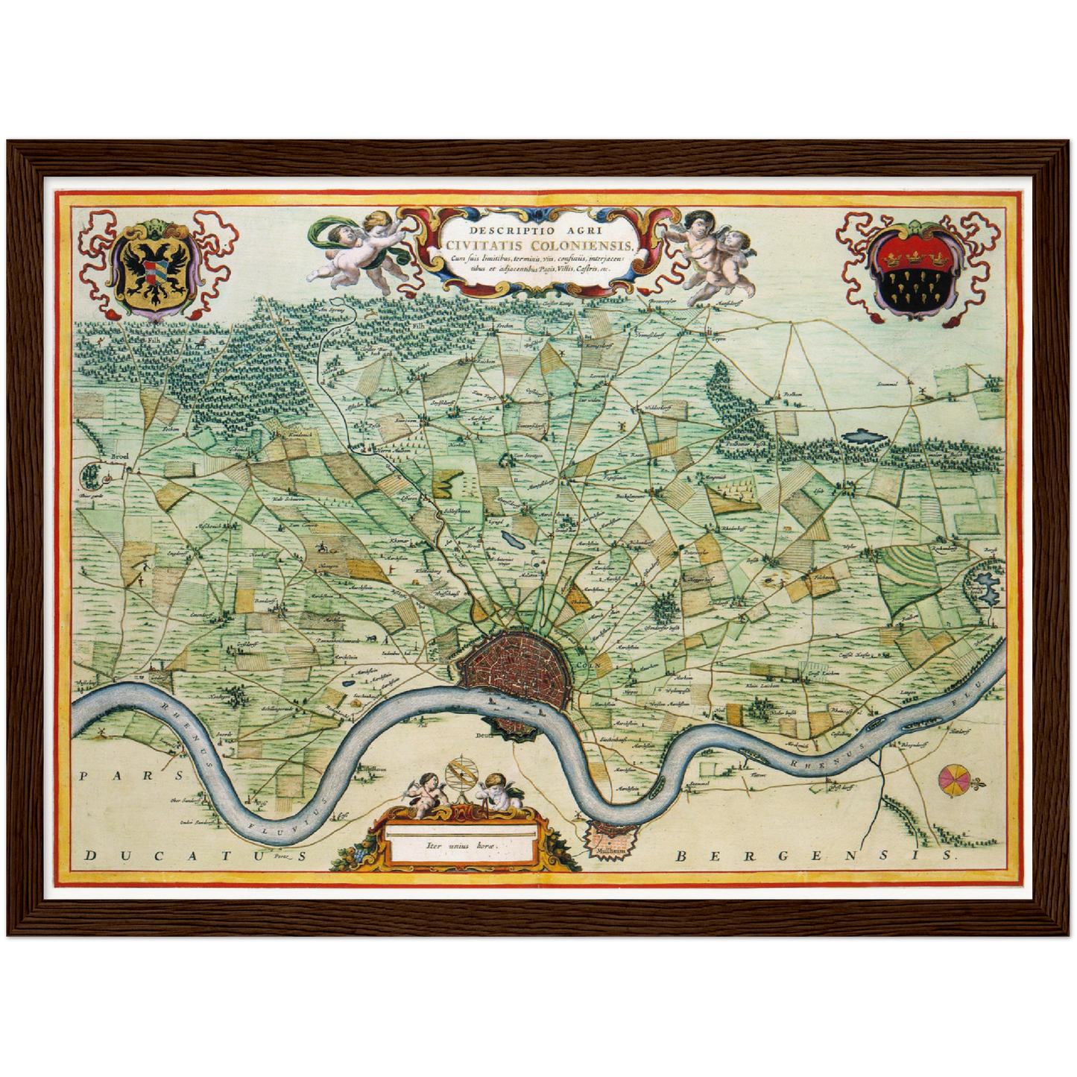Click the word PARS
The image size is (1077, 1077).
pyautogui.click(x=131, y=775)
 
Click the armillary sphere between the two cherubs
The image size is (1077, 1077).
pyautogui.click(x=460, y=780)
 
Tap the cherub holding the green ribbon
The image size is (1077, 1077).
pyautogui.click(x=347, y=250)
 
